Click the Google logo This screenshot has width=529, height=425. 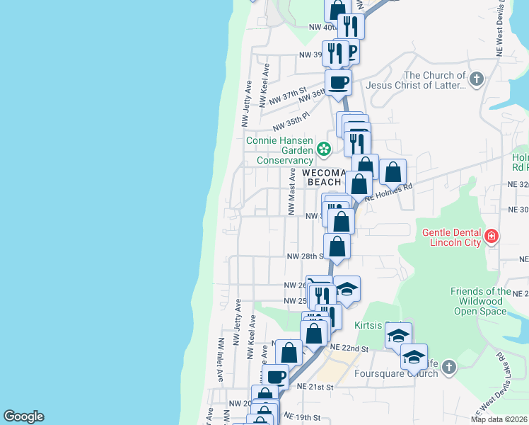point(23,416)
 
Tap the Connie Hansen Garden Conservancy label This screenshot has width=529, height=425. point(279,150)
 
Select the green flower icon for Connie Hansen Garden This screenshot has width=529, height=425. point(323,149)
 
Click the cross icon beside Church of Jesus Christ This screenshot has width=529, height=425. point(477,78)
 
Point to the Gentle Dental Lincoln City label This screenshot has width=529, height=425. point(452,238)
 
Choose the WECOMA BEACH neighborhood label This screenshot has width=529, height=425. point(322,177)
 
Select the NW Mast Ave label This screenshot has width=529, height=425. point(290,191)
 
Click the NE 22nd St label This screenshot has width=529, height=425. point(349,348)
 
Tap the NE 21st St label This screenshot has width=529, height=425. point(314,387)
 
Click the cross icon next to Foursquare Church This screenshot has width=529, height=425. point(450,366)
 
